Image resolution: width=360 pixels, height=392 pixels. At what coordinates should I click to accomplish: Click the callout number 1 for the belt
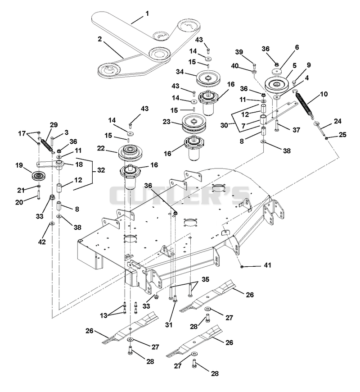click(147, 13)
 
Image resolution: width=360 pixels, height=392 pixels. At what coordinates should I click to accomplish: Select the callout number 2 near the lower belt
click(100, 39)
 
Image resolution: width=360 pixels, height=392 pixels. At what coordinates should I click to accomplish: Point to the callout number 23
click(166, 122)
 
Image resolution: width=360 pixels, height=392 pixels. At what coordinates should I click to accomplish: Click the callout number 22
click(101, 148)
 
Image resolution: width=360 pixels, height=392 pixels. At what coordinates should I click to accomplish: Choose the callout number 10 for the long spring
click(324, 94)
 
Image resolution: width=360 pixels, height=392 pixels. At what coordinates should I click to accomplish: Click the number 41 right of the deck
click(267, 265)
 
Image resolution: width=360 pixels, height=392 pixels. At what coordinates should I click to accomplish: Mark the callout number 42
click(42, 242)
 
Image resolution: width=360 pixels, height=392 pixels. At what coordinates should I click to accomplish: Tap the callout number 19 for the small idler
click(19, 165)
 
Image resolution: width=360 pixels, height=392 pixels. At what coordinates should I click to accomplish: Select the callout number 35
click(206, 279)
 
